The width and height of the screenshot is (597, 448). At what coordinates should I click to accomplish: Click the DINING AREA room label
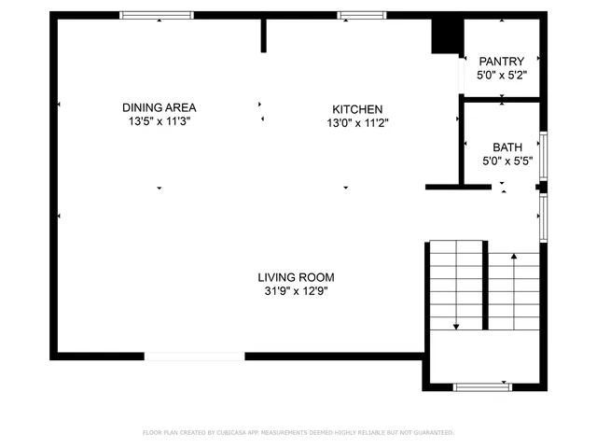pos(159,107)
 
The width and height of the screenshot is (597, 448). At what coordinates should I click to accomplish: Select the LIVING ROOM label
pos(296,277)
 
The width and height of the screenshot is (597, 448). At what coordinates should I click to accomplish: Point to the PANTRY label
pos(502,62)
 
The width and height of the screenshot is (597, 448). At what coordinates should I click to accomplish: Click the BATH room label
pos(507,147)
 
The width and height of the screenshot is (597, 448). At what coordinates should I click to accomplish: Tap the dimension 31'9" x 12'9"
pos(296,291)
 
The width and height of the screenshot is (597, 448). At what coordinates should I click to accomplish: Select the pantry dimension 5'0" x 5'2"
pos(502,75)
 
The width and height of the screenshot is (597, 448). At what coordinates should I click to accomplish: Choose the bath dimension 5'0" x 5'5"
pos(507,161)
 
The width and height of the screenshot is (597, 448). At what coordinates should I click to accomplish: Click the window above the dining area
pos(157,15)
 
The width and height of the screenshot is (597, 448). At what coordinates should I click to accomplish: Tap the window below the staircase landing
pos(481,385)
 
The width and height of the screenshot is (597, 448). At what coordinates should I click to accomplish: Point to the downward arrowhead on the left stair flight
pos(456,327)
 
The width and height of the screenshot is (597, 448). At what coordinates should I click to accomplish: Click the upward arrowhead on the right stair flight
pos(513,254)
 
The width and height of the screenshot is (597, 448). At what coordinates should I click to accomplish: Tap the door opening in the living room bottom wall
pos(195,356)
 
